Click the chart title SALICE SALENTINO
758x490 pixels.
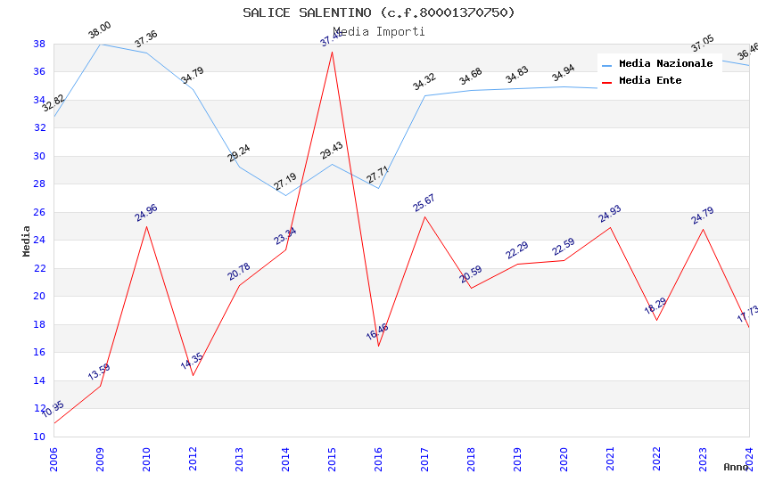(x=378, y=12)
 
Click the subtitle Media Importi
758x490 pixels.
(x=378, y=31)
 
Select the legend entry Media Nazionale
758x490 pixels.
(x=665, y=63)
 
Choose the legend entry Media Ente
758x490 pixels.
(x=650, y=80)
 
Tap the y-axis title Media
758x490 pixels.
(x=27, y=241)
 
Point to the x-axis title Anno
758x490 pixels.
(x=736, y=467)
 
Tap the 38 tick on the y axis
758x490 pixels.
(x=39, y=44)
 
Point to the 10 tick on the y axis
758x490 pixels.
(x=39, y=437)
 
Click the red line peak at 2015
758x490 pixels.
(x=332, y=52)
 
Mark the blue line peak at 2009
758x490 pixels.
(x=100, y=44)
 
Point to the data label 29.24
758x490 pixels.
(x=239, y=152)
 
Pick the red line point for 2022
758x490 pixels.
(x=656, y=320)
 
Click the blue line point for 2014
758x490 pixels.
(x=285, y=195)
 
